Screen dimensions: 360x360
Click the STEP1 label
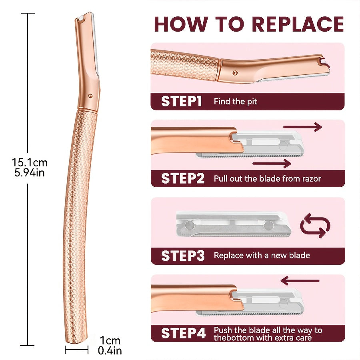(x=181, y=102)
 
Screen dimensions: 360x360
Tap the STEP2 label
(x=183, y=178)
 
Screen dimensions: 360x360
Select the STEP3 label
(x=183, y=256)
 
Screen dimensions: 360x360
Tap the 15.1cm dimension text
(x=30, y=162)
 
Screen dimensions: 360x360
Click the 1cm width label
(x=110, y=341)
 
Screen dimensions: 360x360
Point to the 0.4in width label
(x=110, y=350)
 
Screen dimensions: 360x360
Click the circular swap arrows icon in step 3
(x=315, y=225)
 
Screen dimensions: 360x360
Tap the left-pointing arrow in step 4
(x=300, y=280)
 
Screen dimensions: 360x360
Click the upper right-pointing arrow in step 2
(x=302, y=127)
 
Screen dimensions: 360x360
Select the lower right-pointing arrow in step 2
(x=272, y=163)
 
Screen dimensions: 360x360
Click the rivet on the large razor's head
(x=91, y=96)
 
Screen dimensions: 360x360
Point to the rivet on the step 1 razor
(x=235, y=73)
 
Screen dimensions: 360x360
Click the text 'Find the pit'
(x=235, y=102)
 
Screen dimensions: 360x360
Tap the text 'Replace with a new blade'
(x=262, y=255)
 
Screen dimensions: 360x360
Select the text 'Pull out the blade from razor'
(x=267, y=178)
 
